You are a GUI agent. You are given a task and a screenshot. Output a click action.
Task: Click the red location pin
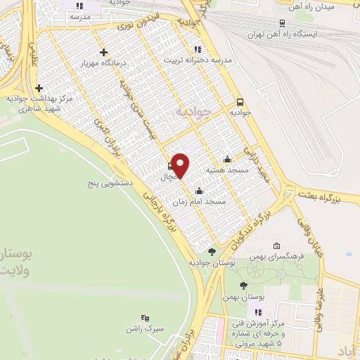(x=181, y=165)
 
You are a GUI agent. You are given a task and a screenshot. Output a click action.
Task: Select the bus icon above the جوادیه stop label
(x=240, y=101)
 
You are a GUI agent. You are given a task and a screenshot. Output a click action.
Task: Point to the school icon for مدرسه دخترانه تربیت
(x=198, y=49)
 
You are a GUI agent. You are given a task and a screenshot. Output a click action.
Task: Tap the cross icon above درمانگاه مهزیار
(x=104, y=52)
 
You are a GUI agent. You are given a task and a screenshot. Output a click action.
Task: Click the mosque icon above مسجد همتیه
(x=226, y=160)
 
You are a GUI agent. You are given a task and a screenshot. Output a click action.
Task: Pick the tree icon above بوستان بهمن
(x=243, y=285)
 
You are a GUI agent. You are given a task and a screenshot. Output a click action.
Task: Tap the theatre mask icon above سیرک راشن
(x=145, y=318)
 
